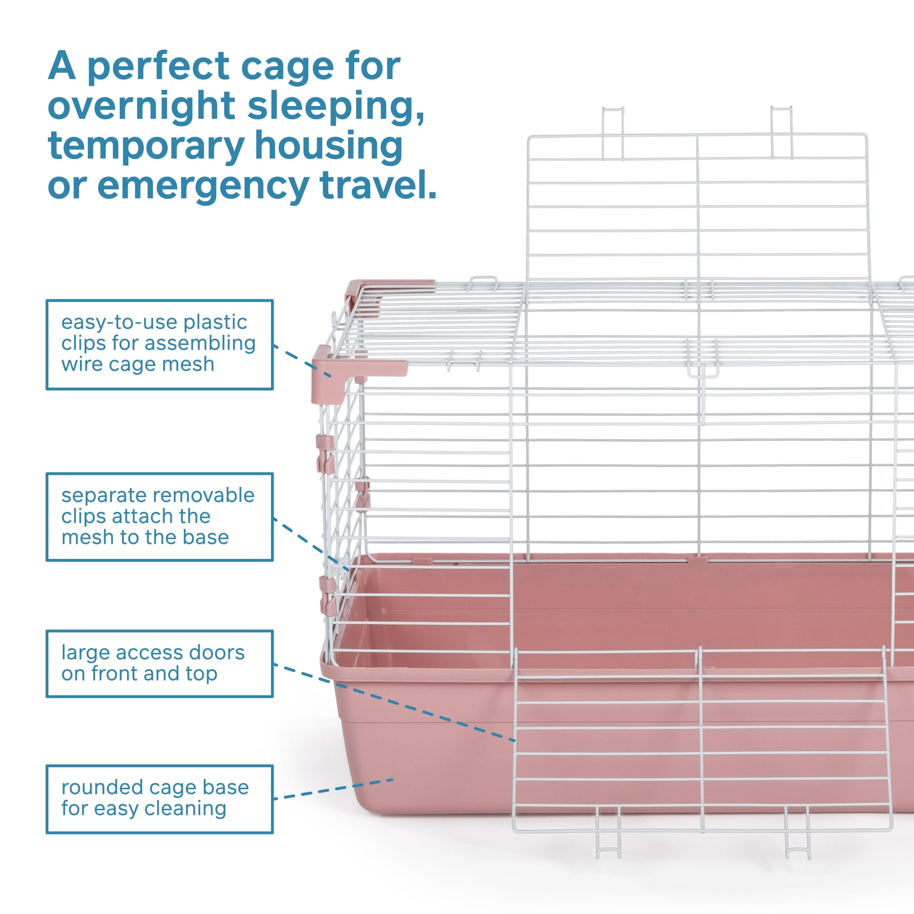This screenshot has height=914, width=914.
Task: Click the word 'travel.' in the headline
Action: (x=378, y=184)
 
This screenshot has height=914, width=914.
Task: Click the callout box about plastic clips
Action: (x=159, y=345)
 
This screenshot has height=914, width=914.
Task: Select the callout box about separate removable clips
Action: (x=159, y=516)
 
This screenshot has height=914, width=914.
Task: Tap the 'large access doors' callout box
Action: (x=159, y=663)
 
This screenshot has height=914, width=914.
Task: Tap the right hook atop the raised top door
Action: (x=781, y=132)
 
